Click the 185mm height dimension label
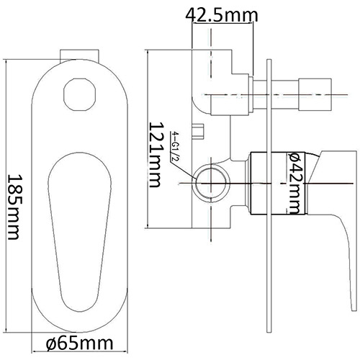point(14,207)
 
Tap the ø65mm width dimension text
point(79,343)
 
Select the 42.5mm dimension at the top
point(222,15)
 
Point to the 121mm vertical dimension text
point(155,155)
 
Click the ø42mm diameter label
point(294,183)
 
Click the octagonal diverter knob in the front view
point(79,94)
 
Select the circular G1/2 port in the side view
point(212,184)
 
